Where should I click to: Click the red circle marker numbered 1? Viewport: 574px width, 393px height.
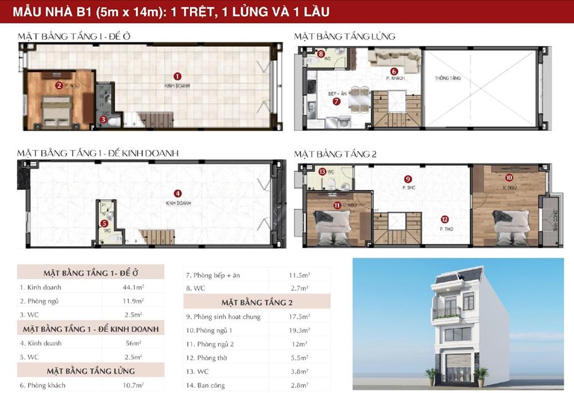click(177, 76)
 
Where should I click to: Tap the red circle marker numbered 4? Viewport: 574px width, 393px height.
click(178, 193)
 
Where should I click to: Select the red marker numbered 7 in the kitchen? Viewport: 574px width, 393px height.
click(337, 102)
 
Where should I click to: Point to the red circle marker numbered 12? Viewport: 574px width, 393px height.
click(444, 219)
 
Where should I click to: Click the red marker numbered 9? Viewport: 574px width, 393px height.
click(408, 178)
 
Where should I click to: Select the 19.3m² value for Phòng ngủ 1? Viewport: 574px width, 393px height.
click(297, 330)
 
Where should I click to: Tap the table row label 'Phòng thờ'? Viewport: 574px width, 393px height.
click(207, 358)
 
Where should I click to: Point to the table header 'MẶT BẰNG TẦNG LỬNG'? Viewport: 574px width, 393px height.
click(91, 371)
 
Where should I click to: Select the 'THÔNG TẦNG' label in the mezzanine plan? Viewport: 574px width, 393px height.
click(448, 78)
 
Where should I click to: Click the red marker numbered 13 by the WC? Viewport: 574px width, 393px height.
click(322, 171)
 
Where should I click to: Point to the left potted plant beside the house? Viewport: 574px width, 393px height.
click(432, 375)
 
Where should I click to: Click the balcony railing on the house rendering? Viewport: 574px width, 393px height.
click(446, 313)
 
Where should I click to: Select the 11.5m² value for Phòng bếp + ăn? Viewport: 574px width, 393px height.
click(297, 275)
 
